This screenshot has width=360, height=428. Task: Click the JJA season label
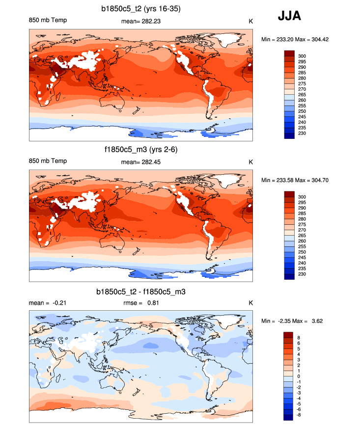pos(289,16)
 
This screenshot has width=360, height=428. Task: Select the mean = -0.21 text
pos(48,303)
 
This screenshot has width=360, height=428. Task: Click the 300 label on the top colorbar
pos(302,56)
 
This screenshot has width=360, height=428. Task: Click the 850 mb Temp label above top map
pos(48,21)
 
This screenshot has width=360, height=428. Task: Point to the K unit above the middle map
pos(250,161)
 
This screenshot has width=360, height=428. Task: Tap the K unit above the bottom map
pos(250,303)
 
